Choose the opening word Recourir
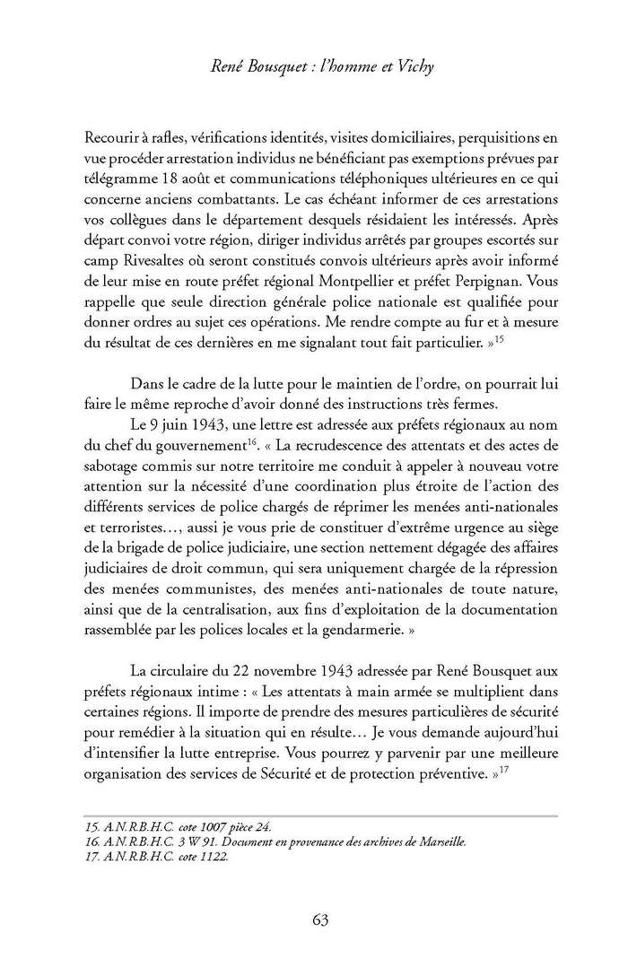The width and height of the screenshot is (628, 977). pos(112,138)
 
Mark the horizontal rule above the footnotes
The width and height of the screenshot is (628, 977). pos(314,815)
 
